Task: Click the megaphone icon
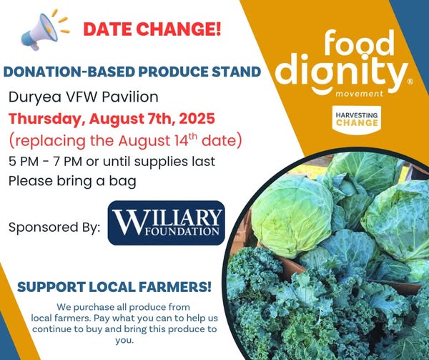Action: pos(44,31)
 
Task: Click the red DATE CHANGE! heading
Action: pos(152,29)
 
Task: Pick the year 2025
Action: pos(197,119)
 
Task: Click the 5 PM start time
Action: pos(24,161)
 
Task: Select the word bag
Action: pos(122,182)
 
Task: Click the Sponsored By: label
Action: pos(54,227)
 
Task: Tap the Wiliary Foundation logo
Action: pos(167,223)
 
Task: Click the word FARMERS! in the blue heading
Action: pos(175,287)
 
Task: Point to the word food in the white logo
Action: pos(359,43)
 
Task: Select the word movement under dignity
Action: pos(359,94)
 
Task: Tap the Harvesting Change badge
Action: pos(357,120)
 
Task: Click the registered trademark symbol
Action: pos(410,82)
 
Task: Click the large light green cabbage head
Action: pos(292,217)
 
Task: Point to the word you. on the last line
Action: pos(124,341)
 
